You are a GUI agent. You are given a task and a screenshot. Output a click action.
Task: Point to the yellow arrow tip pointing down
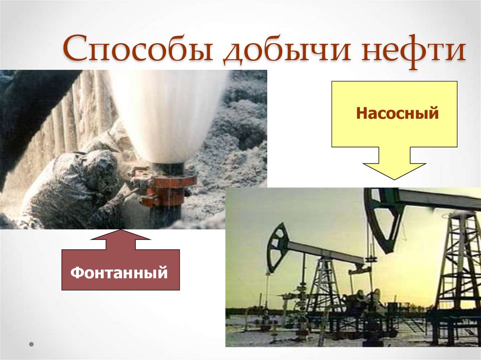(394, 178)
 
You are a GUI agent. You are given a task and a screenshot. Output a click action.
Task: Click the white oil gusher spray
(169, 113)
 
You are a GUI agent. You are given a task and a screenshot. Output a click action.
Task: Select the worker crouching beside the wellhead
(80, 188)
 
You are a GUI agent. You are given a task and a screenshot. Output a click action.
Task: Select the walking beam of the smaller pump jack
(324, 252)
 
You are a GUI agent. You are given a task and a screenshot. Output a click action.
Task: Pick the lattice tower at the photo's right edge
(458, 263)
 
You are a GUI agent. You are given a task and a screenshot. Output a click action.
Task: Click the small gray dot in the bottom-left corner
(31, 344)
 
